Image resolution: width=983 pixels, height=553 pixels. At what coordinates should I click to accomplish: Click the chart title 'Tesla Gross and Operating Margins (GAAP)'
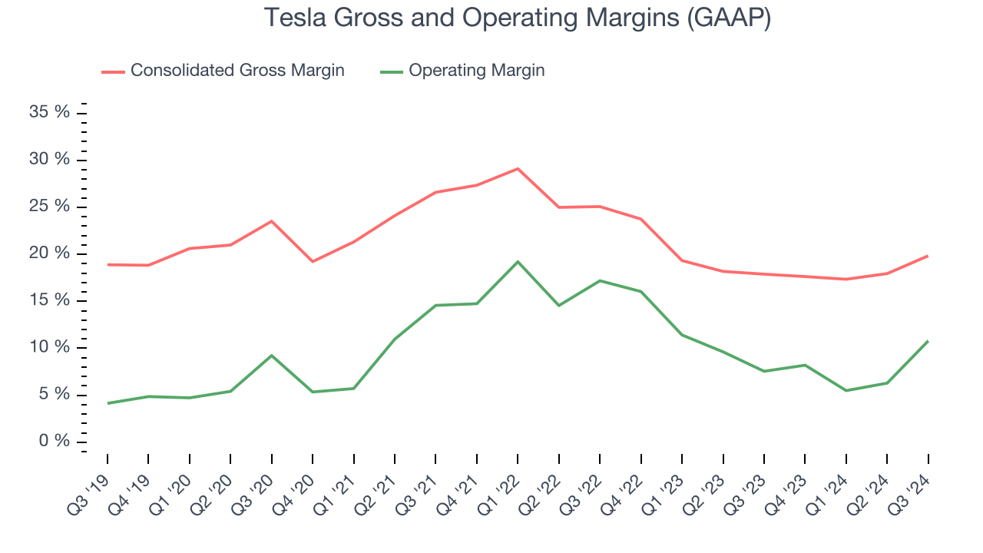(517, 18)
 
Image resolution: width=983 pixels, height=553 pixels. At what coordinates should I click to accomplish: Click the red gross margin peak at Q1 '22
(518, 168)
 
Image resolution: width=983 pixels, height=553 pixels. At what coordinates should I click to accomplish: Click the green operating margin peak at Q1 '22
(518, 261)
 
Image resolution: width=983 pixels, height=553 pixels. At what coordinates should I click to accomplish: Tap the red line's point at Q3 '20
(271, 221)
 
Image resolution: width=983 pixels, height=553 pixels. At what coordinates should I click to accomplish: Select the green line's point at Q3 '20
(271, 356)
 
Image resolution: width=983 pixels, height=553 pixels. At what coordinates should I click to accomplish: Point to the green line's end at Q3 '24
(928, 341)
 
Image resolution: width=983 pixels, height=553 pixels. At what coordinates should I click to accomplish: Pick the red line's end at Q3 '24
(928, 256)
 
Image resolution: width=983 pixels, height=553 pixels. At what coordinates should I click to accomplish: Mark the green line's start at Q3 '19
(108, 403)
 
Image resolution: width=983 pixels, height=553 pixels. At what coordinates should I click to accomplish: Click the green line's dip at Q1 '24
(846, 390)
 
